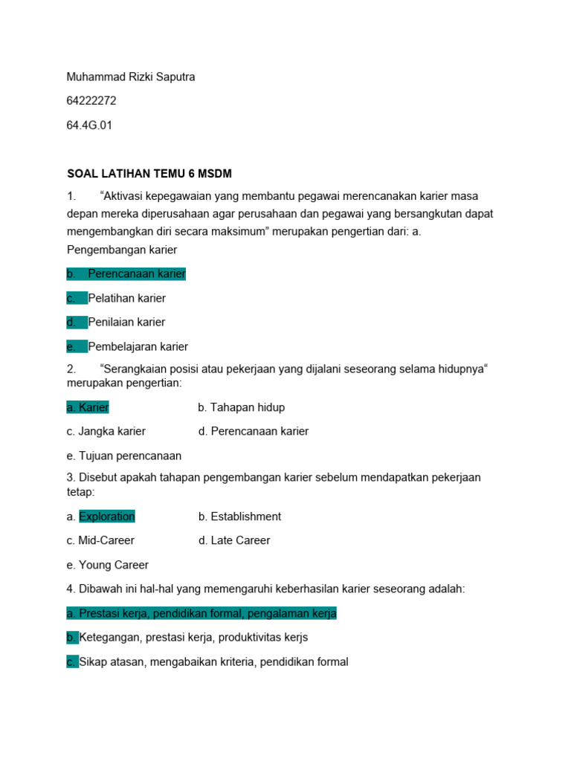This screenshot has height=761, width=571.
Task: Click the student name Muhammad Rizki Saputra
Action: pyautogui.click(x=131, y=77)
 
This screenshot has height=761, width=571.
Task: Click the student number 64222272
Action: pyautogui.click(x=91, y=101)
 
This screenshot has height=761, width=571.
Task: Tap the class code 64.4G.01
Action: pyautogui.click(x=89, y=125)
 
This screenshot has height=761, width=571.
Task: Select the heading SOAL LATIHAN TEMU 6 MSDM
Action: pyautogui.click(x=149, y=174)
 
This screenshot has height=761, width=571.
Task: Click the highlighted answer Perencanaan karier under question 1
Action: pyautogui.click(x=136, y=273)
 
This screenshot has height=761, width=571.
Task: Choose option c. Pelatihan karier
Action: pyautogui.click(x=126, y=298)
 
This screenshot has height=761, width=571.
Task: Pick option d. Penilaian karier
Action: pyautogui.click(x=126, y=322)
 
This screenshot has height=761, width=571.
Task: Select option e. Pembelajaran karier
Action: pyautogui.click(x=138, y=346)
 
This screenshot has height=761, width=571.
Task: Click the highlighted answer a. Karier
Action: pyautogui.click(x=88, y=407)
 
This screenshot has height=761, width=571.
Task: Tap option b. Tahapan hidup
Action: pyautogui.click(x=241, y=407)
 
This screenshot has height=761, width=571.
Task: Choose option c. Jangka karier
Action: pyautogui.click(x=106, y=431)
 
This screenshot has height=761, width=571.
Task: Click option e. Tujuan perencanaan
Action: pyautogui.click(x=123, y=456)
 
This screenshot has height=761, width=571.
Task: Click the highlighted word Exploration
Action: pyautogui.click(x=107, y=516)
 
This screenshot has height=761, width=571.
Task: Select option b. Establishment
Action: pyautogui.click(x=239, y=516)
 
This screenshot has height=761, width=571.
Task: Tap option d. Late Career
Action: pyautogui.click(x=234, y=540)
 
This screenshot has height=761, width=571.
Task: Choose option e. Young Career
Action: pyautogui.click(x=107, y=565)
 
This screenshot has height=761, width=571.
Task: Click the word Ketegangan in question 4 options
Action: pyautogui.click(x=110, y=637)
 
